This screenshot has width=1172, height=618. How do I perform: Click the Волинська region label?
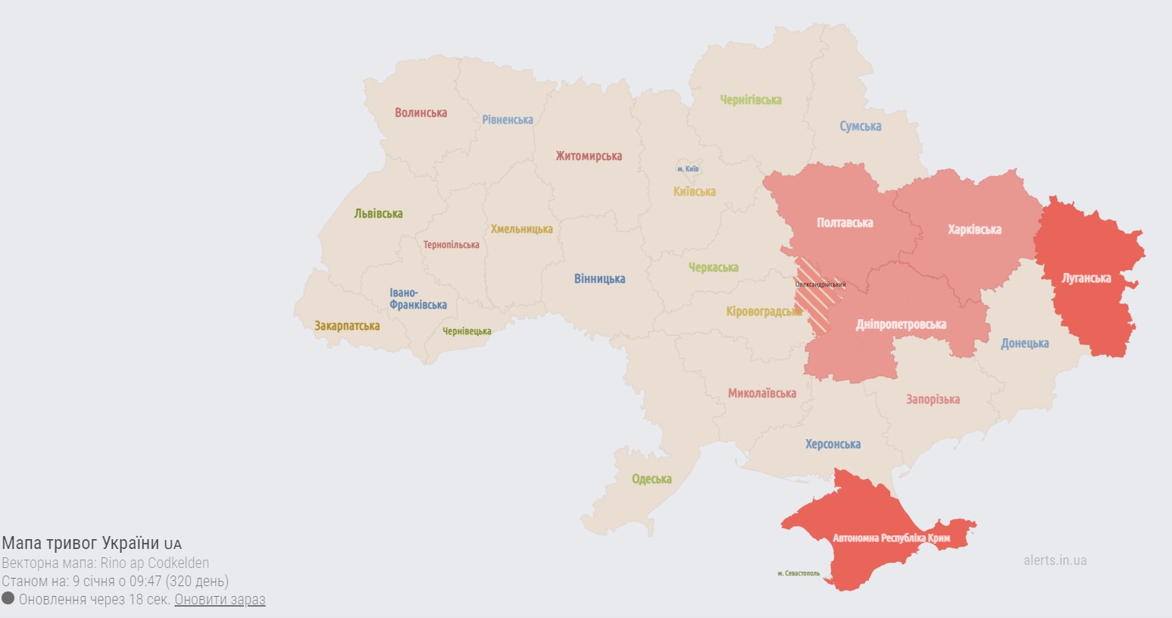coord(420,113)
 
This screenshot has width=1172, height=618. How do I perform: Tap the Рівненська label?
coord(507,120)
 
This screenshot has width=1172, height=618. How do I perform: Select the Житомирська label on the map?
coord(588,156)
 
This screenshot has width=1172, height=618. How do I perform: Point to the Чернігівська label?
coord(750,100)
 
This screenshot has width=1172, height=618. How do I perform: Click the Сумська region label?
coord(860,127)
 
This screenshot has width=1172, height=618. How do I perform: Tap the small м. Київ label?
coord(688,169)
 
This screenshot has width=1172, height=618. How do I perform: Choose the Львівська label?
coord(378,214)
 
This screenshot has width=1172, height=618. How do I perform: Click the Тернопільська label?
coord(451,245)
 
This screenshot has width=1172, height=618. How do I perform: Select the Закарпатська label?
coord(347,326)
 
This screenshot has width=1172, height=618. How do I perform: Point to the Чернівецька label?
coord(467,331)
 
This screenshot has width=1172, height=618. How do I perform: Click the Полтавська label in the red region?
coord(844,223)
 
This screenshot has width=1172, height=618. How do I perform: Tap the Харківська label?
coord(974,230)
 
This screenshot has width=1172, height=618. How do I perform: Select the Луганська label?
coord(1086,278)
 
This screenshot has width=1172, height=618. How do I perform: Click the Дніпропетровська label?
coord(901,325)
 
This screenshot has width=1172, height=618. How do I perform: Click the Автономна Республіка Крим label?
coord(902,538)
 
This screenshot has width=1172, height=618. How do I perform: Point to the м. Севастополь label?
coord(798,574)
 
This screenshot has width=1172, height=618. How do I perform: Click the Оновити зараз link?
coord(220,600)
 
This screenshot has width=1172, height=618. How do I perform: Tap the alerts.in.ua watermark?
coord(1055,560)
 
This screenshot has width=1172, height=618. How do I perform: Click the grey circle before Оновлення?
coord(8,599)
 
